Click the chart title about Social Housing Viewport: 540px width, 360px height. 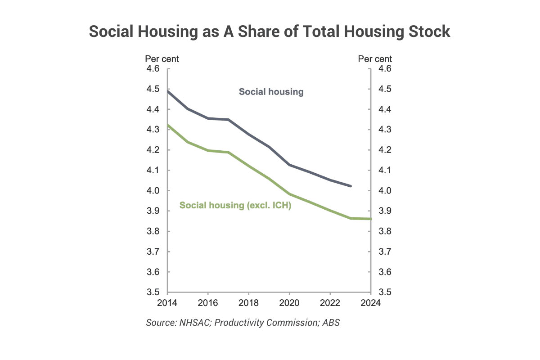(270, 32)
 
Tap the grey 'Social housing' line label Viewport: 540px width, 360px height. (271, 92)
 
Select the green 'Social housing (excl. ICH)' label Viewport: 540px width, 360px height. (235, 205)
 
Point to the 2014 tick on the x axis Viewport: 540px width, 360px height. (166, 302)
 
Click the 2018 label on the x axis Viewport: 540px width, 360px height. (248, 302)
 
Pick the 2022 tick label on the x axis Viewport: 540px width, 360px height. (330, 302)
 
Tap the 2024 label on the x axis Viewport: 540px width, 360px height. (371, 302)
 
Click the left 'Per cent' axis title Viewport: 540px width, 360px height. (162, 59)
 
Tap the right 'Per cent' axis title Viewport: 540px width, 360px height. (375, 59)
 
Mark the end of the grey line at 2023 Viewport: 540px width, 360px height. (350, 186)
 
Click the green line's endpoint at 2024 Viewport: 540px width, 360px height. (370, 219)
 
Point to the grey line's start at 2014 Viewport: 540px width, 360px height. (168, 91)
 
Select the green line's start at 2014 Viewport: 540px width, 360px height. (168, 125)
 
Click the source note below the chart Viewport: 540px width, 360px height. (243, 323)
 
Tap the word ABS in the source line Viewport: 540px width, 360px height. (331, 323)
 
